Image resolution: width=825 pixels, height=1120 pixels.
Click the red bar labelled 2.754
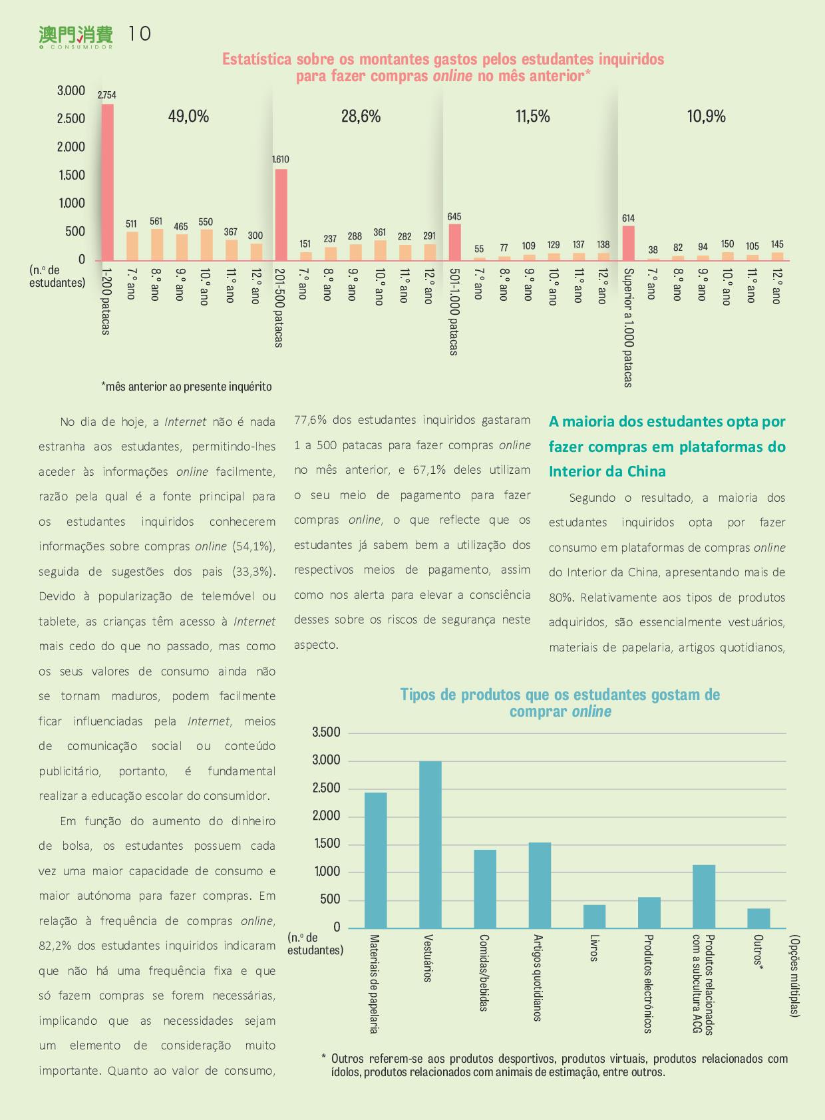tap(108, 182)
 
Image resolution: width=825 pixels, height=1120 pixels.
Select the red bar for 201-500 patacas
tap(281, 214)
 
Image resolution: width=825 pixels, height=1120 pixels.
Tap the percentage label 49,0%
tap(188, 116)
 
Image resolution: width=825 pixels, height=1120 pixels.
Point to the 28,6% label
tap(361, 116)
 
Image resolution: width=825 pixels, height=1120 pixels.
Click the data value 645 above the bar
tap(454, 216)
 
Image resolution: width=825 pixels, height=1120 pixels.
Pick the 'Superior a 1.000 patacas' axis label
tap(629, 327)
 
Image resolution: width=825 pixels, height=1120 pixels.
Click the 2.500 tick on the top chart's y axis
tap(71, 118)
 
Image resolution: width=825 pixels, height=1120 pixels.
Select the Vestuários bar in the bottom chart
tap(430, 844)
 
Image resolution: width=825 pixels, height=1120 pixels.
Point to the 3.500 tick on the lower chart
tap(326, 733)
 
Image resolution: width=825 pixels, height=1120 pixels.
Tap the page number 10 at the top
tap(140, 34)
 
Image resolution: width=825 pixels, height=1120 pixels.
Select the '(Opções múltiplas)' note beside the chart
tap(795, 976)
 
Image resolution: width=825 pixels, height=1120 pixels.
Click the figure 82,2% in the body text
tap(56, 946)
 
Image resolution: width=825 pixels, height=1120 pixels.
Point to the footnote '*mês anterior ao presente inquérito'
tap(186, 387)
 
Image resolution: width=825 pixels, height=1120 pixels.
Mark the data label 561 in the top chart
tap(156, 222)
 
